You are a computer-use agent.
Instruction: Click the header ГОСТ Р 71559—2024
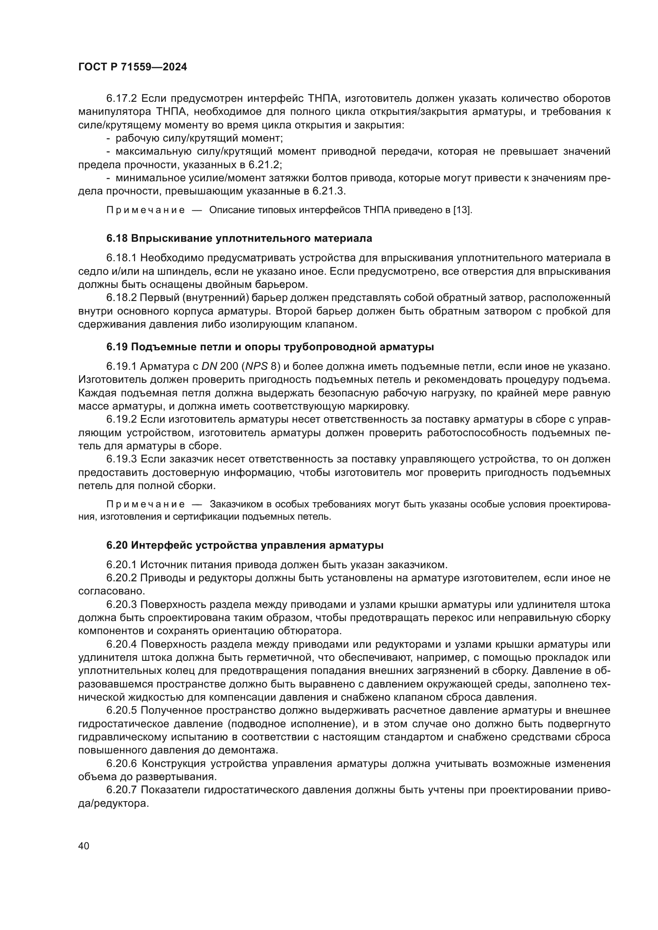132,67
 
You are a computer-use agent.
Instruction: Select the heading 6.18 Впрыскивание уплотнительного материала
239,238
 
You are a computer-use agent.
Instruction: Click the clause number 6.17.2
122,99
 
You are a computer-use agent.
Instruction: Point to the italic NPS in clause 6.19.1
257,367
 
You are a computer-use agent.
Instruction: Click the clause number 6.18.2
122,298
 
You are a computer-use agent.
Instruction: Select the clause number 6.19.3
122,459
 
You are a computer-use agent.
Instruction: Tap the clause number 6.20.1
122,565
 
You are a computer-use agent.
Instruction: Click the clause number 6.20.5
122,710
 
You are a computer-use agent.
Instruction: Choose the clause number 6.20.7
122,790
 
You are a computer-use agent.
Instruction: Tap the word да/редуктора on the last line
113,803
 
